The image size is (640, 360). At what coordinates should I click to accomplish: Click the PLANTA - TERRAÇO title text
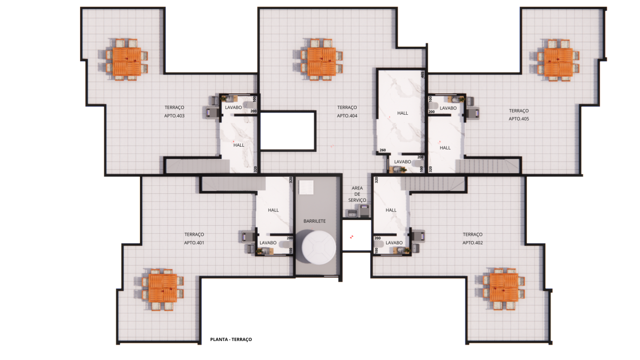coord(231,340)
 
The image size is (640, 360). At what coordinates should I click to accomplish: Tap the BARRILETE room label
coord(315,221)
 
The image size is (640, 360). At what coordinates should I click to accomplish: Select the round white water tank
coord(319,248)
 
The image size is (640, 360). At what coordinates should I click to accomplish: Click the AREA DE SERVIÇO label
coord(357,194)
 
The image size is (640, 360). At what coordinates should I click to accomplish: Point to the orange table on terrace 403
coord(127,61)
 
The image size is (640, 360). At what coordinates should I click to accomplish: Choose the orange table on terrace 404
coord(321,62)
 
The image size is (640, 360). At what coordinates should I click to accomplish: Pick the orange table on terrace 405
coord(558,62)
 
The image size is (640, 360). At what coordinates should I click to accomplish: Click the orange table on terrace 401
coord(162,288)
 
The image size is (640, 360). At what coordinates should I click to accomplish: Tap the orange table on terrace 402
coord(504,288)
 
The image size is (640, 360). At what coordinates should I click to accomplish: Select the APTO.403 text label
coord(174,116)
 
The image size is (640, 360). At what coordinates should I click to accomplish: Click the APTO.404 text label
coord(347,116)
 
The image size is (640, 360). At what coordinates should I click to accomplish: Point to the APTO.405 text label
coord(519,119)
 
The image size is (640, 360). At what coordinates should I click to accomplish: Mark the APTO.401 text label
coord(194,243)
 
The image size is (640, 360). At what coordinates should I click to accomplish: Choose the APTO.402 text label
coord(472,243)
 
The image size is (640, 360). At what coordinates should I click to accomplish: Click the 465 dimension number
coord(422,75)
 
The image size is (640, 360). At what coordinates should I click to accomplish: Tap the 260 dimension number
coord(382,150)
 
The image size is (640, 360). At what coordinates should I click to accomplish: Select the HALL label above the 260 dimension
coord(402,113)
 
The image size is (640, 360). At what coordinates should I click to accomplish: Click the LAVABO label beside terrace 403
coord(233,108)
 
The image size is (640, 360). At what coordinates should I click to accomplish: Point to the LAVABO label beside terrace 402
coord(394,243)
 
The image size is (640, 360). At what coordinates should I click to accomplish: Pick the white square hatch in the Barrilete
coord(306,187)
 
